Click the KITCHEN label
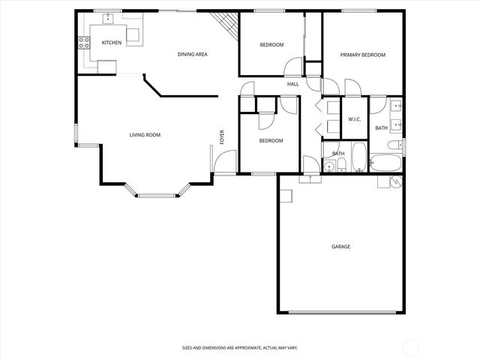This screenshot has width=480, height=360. (112, 43)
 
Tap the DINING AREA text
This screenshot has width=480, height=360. (192, 54)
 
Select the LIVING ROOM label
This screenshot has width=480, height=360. (145, 135)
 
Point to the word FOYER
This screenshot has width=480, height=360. (221, 136)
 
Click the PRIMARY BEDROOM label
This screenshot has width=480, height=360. (362, 55)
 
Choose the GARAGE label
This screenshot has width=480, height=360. (340, 246)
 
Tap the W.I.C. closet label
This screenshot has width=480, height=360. (354, 120)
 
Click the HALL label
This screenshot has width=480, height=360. (292, 84)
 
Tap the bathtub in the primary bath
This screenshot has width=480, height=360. (385, 163)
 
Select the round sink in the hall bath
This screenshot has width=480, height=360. (328, 166)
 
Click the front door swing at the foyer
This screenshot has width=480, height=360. (218, 161)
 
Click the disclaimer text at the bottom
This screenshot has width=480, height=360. (240, 347)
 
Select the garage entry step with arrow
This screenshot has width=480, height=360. (308, 179)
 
